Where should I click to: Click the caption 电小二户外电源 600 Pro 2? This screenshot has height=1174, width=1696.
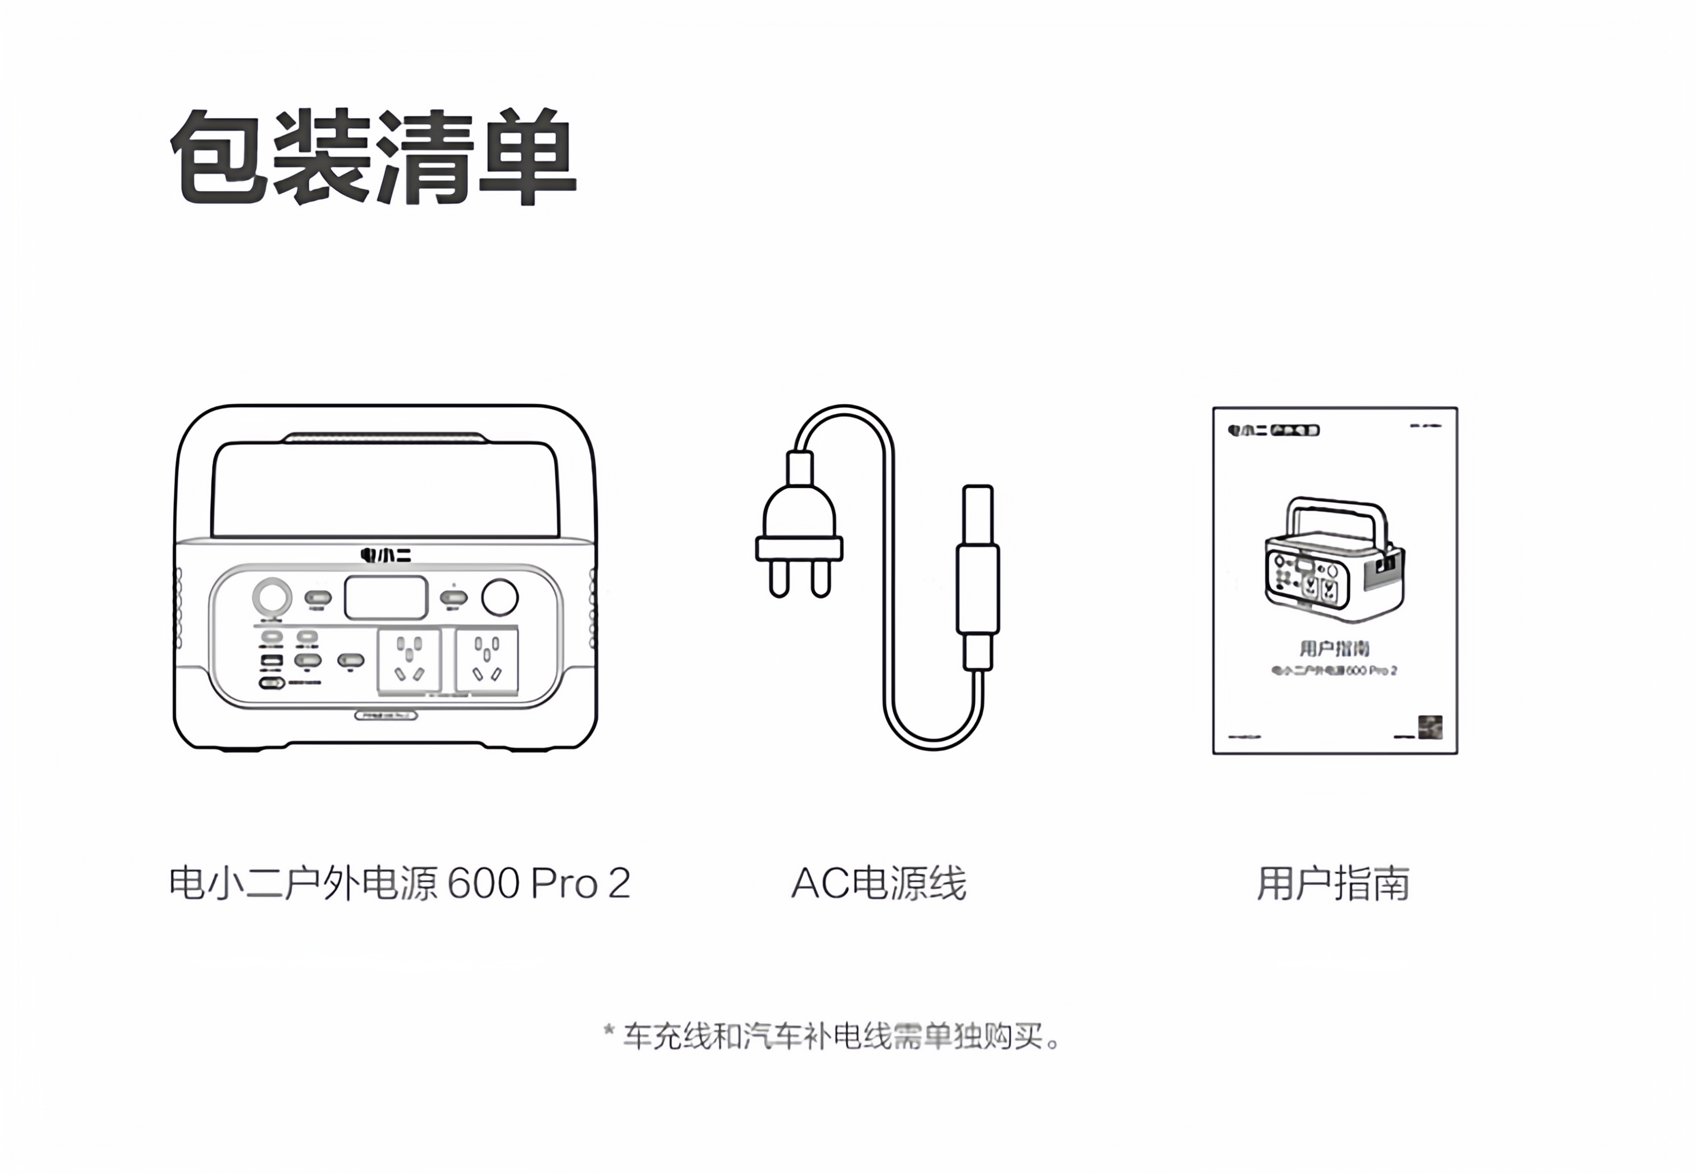(399, 883)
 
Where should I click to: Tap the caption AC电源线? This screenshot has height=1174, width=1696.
(879, 883)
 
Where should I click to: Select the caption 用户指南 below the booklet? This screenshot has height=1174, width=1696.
(1333, 883)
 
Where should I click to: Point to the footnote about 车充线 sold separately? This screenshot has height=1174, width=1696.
(831, 1037)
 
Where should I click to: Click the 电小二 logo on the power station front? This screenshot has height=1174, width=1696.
(385, 555)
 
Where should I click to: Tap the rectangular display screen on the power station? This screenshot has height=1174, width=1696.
(385, 597)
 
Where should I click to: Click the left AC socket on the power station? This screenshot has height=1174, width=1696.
(409, 661)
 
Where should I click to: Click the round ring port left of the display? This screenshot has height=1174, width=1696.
(272, 597)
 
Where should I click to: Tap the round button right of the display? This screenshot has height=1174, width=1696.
(500, 597)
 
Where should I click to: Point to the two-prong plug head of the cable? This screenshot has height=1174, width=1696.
(799, 530)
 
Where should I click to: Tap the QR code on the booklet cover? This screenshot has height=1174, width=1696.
(1430, 727)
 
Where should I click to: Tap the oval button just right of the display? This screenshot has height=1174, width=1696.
(453, 597)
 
